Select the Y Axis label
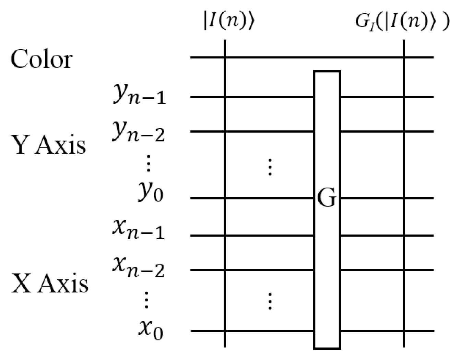(49, 145)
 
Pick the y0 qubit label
(151, 193)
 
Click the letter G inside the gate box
(327, 199)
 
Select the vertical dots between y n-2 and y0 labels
(148, 164)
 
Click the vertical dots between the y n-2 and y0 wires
(270, 167)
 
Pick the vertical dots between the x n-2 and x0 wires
(270, 301)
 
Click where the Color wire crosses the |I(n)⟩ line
(225, 57)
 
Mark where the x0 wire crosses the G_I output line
(404, 331)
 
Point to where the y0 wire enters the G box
(314, 198)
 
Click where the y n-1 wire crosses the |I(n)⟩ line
(225, 97)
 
